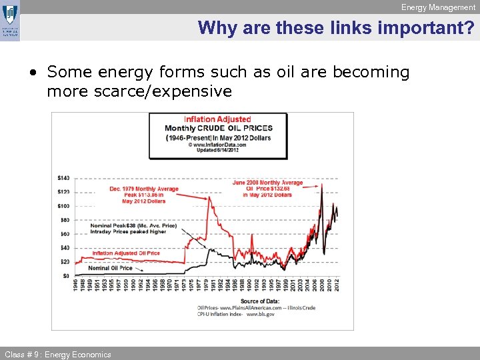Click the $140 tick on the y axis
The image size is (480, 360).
click(x=64, y=178)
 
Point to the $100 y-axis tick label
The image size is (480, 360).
click(x=64, y=206)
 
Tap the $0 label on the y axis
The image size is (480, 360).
click(x=66, y=275)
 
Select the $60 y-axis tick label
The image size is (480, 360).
click(x=65, y=234)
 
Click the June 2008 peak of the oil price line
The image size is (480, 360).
click(x=322, y=185)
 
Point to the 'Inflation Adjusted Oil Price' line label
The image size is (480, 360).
click(x=126, y=253)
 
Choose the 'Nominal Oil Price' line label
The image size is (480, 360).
click(x=111, y=268)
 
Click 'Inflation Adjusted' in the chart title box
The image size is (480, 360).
click(x=217, y=119)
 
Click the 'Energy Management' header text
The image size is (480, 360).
click(x=438, y=7)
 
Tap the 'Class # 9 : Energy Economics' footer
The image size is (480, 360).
click(x=58, y=354)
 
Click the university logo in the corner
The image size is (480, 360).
click(x=11, y=21)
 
